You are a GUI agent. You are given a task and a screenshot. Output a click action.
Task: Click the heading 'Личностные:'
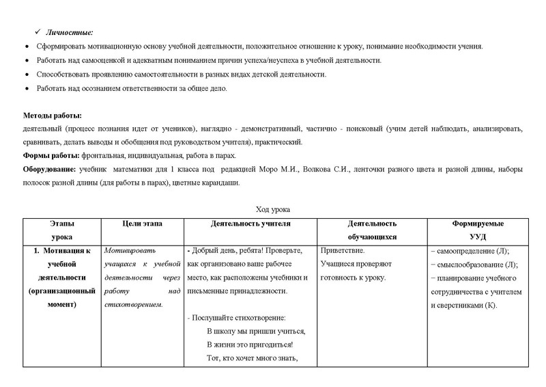pos(70,32)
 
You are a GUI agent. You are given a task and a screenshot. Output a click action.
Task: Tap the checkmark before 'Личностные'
pos(39,32)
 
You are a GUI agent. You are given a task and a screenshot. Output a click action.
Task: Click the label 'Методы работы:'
pos(53,115)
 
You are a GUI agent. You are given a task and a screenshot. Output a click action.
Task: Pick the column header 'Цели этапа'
pos(142,224)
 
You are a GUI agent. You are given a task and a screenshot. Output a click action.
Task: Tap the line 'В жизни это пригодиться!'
pos(249,345)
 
